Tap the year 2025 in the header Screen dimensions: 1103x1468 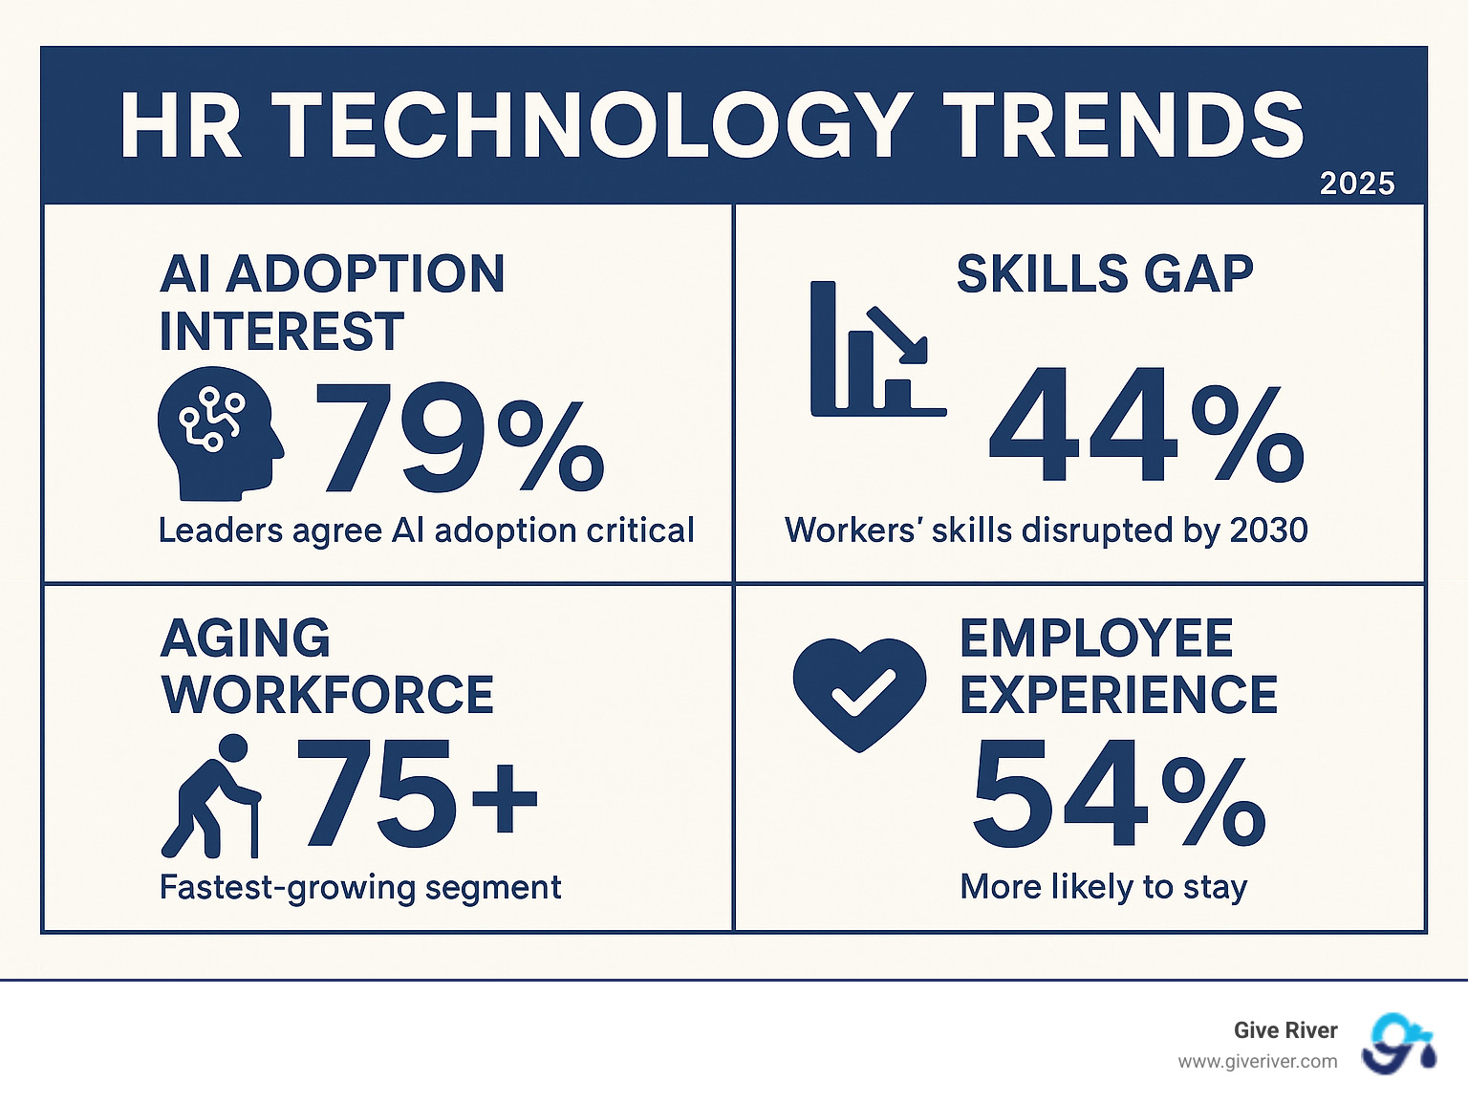(x=1357, y=184)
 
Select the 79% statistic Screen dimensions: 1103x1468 (x=459, y=438)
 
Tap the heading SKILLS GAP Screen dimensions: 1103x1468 (x=1105, y=275)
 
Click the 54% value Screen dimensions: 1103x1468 (x=1118, y=795)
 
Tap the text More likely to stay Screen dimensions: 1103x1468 (x=1103, y=887)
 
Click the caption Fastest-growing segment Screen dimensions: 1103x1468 (x=359, y=887)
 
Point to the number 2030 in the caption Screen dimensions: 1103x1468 (x=1268, y=530)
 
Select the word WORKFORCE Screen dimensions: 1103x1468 (x=328, y=695)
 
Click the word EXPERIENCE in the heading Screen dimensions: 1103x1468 (x=1118, y=695)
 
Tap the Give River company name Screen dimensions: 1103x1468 (x=1284, y=1030)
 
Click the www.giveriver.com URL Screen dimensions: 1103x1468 (x=1257, y=1062)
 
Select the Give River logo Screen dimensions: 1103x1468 (x=1398, y=1044)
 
